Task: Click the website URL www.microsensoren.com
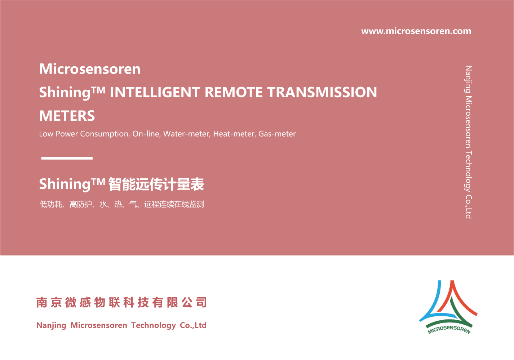click(416, 31)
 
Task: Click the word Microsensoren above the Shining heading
click(90, 69)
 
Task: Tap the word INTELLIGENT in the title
click(155, 92)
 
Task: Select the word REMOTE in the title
click(233, 92)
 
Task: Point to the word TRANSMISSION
click(322, 92)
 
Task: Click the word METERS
click(67, 116)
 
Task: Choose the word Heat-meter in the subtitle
click(234, 134)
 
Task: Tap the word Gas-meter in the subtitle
click(277, 134)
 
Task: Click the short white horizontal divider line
click(67, 158)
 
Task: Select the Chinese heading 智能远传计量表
click(156, 184)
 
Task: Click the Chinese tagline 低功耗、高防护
click(66, 204)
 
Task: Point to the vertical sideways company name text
click(469, 142)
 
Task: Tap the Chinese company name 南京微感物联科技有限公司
click(121, 302)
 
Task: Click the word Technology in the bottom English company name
click(154, 325)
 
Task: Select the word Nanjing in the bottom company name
click(51, 325)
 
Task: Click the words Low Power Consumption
click(84, 134)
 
